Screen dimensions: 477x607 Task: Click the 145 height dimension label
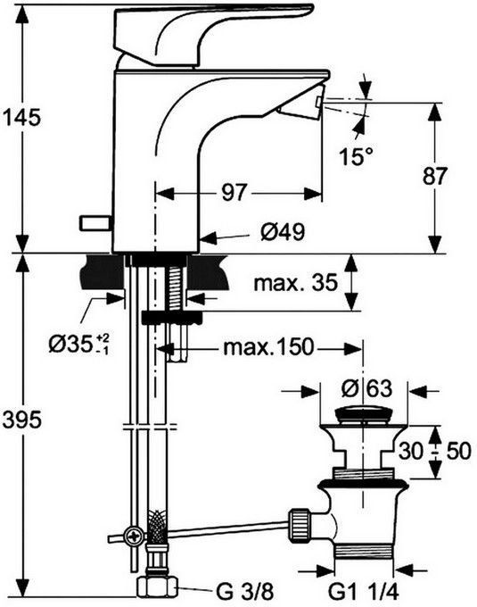point(21,117)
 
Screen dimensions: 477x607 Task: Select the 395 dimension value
point(21,420)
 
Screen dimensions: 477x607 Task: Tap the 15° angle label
point(356,156)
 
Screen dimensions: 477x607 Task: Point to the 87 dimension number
point(434,176)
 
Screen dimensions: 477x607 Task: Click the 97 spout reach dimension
point(234,192)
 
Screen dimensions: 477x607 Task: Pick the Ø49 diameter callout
point(283,232)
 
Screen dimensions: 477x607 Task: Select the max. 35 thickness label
point(296,282)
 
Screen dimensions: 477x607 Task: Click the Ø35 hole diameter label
point(78,344)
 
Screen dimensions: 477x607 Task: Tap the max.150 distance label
point(268,347)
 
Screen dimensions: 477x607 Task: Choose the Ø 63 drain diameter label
point(366,388)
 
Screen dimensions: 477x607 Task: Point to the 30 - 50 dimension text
point(435,451)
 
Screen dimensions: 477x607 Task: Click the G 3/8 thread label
point(244,591)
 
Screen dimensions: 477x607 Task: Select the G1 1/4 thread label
point(364,591)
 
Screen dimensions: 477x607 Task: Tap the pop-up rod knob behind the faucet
point(95,222)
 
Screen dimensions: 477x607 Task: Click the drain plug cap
point(363,415)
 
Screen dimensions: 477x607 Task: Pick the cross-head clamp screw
point(135,537)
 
